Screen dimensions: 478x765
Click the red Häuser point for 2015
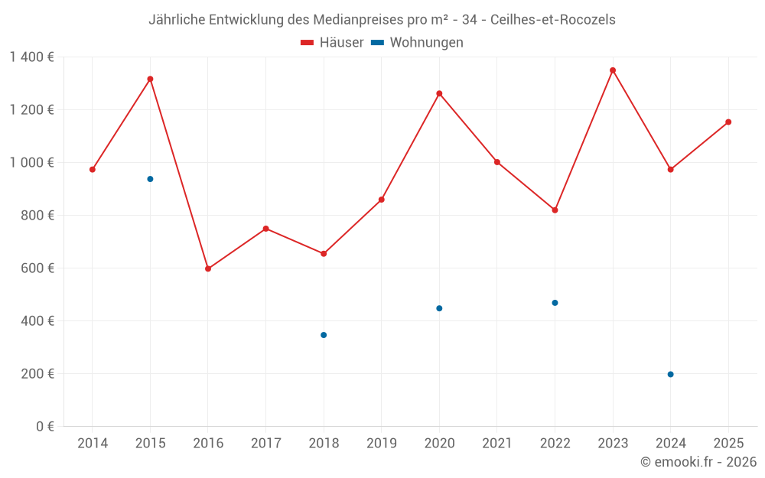[x=150, y=79]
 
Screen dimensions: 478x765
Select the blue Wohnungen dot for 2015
[x=150, y=179]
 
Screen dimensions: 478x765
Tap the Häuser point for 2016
[x=208, y=268]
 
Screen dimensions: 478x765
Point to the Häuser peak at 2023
[x=613, y=70]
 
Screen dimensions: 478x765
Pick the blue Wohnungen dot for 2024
[x=670, y=374]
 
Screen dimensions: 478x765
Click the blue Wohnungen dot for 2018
[x=324, y=335]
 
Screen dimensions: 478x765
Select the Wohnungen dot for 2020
[x=439, y=308]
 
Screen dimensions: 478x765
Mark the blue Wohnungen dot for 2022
[x=555, y=303]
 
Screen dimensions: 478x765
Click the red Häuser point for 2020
[x=439, y=93]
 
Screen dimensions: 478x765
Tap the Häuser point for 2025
[x=728, y=122]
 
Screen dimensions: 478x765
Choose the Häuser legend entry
[x=332, y=43]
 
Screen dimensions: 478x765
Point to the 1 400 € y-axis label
[x=32, y=57]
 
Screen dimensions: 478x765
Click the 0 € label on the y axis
[x=45, y=427]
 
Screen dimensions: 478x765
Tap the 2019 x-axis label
[x=381, y=444]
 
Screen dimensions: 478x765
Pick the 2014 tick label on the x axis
[x=93, y=444]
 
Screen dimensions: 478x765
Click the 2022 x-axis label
[x=555, y=444]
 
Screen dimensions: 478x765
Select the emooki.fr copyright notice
[x=698, y=462]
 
